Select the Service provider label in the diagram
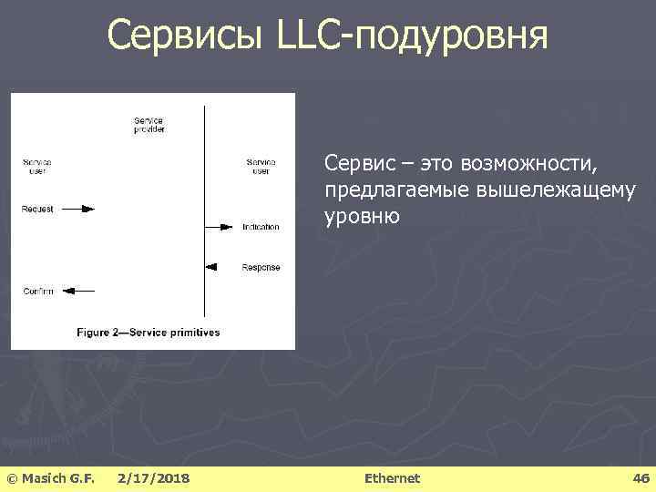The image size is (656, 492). (149, 125)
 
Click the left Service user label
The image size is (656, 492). (36, 166)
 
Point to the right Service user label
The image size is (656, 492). (261, 166)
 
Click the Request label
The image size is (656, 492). (37, 209)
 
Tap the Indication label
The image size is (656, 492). (261, 226)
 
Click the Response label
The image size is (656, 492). (261, 267)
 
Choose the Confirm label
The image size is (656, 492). (37, 291)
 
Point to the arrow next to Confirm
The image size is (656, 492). (80, 291)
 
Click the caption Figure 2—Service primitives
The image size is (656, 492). (148, 333)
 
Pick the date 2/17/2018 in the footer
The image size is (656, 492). (154, 478)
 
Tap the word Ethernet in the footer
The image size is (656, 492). (392, 478)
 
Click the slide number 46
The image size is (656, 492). (641, 478)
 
